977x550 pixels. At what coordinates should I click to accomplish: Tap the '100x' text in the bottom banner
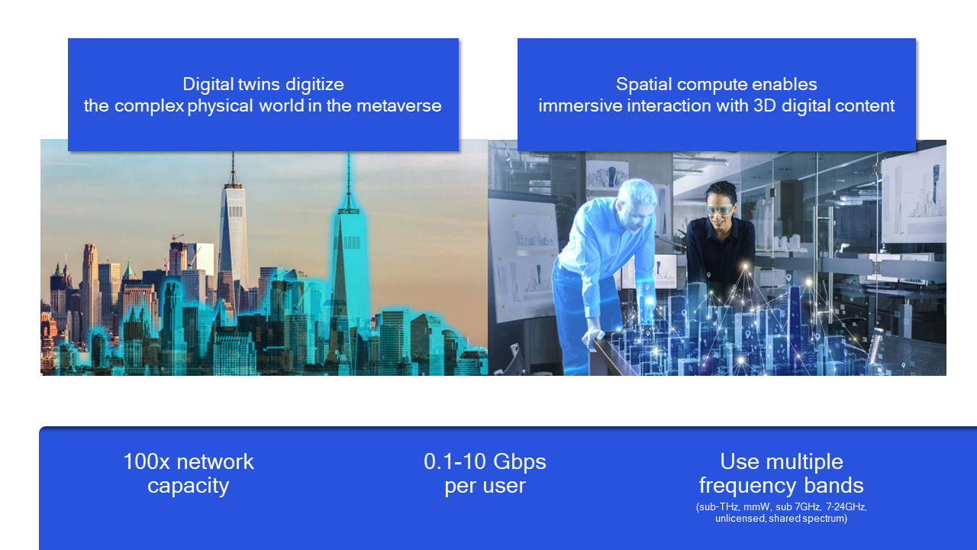tap(143, 461)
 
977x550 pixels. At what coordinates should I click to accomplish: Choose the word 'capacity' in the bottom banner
tap(188, 486)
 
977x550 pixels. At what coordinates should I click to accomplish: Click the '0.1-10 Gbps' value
tap(485, 461)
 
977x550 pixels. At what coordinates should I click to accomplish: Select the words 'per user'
tap(485, 486)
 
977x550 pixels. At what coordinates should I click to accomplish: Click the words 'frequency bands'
tap(781, 486)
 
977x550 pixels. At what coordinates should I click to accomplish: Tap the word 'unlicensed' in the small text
tap(739, 519)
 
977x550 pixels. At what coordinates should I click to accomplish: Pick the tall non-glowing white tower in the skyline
tap(233, 229)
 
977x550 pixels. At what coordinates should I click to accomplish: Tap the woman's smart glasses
tap(720, 209)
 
